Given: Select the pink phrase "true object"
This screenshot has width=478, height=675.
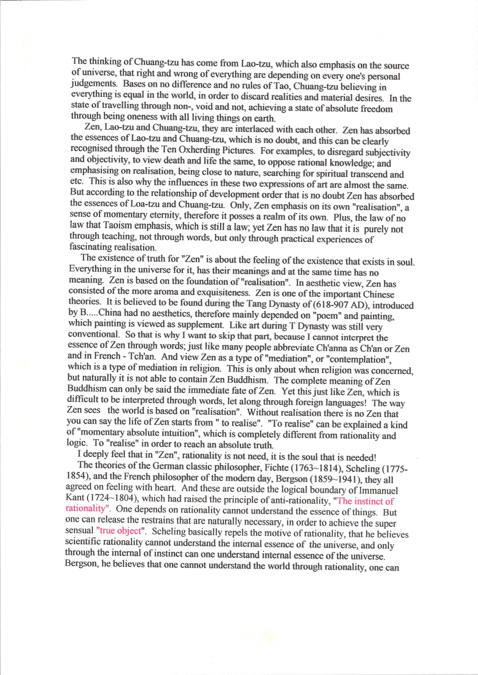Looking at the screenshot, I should point(120,531).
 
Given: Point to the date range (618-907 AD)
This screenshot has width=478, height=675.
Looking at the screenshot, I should point(341,305).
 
